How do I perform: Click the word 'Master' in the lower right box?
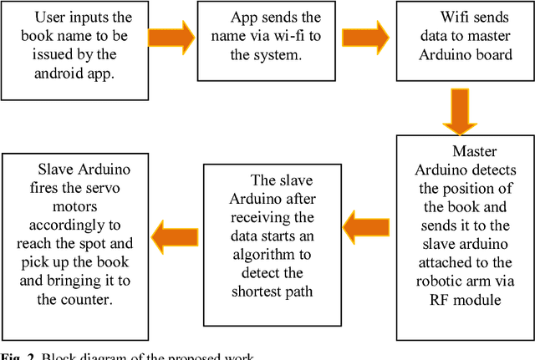474,151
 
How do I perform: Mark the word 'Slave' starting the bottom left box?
41,170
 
